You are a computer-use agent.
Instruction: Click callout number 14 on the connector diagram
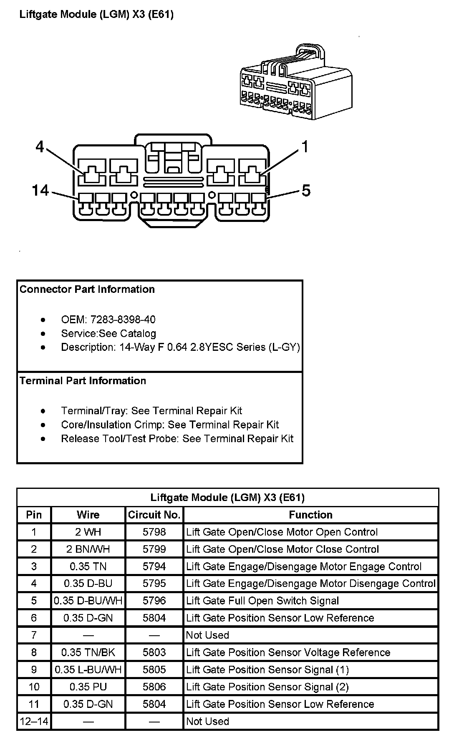[x=40, y=191]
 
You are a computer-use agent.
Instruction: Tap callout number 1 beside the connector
[x=305, y=147]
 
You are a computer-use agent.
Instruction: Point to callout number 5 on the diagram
[x=306, y=191]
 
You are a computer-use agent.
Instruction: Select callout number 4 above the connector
[x=40, y=147]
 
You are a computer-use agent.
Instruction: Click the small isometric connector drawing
[x=296, y=83]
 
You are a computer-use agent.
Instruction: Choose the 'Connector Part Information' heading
[x=87, y=289]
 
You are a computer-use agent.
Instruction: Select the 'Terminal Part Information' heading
[x=83, y=381]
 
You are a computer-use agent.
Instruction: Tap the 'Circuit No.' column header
[x=154, y=515]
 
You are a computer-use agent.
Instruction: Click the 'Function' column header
[x=311, y=515]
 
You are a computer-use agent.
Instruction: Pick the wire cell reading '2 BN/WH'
[x=88, y=549]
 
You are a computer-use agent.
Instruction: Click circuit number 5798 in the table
[x=154, y=532]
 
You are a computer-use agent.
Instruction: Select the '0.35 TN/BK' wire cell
[x=88, y=652]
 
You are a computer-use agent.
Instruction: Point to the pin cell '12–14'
[x=34, y=721]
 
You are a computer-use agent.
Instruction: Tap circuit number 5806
[x=154, y=687]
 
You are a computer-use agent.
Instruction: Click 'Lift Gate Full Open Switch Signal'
[x=262, y=601]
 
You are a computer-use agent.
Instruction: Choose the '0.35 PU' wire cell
[x=88, y=687]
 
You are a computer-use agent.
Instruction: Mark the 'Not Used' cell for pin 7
[x=207, y=635]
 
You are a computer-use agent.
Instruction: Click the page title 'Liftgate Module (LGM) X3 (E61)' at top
[x=96, y=15]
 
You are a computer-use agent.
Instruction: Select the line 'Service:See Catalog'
[x=108, y=334]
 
